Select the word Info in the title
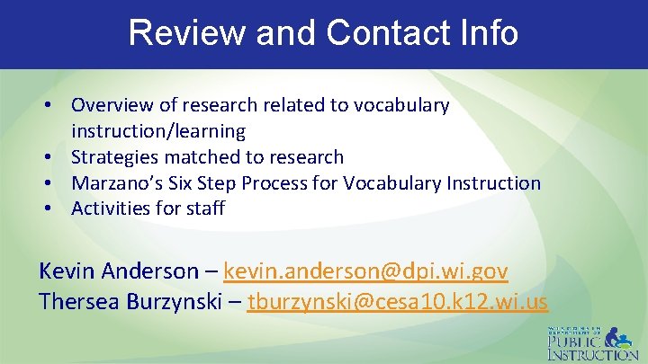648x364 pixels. (485, 32)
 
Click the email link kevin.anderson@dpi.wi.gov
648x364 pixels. (365, 271)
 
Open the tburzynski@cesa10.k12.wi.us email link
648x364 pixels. (397, 302)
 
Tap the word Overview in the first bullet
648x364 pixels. (112, 105)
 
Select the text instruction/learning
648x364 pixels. (158, 131)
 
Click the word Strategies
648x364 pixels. (113, 157)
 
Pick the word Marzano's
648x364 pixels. (115, 183)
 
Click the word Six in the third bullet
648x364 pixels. (181, 183)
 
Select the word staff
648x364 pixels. (205, 209)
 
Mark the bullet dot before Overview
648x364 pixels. (55, 106)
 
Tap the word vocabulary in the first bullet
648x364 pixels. (401, 105)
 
